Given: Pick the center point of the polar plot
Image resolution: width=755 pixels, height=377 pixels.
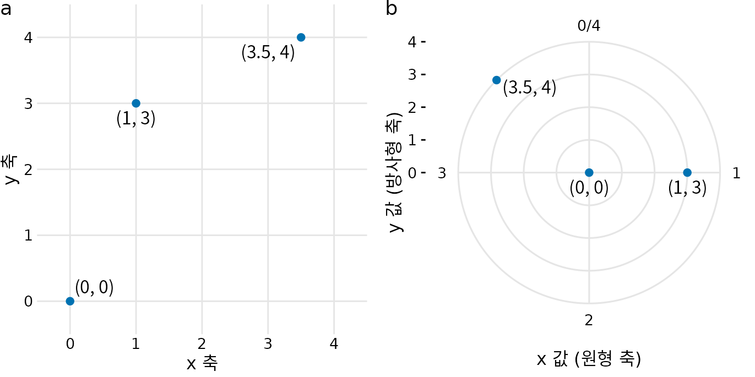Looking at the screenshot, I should coord(589,172).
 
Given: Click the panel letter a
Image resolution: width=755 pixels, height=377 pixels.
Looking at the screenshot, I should coord(7,9).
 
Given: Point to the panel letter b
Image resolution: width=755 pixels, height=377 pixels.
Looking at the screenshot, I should coord(392,9).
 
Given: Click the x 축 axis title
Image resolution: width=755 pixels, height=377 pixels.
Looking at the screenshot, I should coord(202,363).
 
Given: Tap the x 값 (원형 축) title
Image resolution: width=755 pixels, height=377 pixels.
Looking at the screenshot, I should coord(589,359).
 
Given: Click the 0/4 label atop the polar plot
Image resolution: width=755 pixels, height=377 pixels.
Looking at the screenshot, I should coord(589,25).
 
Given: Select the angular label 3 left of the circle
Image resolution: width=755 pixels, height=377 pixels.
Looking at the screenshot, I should coord(442,173).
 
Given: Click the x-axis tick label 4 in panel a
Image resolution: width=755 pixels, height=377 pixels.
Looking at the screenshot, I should coord(334,344).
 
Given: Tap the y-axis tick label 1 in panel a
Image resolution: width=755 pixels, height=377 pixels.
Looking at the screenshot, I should coord(28,236).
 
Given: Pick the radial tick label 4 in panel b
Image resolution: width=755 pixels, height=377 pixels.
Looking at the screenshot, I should coord(412,42).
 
